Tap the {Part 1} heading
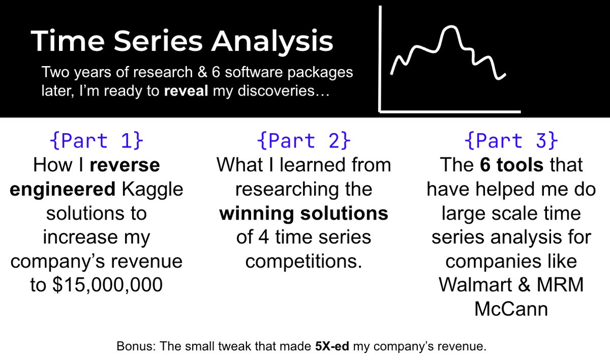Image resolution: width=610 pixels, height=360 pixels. [97, 140]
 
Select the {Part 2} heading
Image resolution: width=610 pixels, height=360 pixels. [303, 140]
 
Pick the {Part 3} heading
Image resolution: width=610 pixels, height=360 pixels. [511, 140]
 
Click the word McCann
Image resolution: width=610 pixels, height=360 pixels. [511, 309]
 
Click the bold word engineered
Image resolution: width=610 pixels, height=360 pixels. [63, 189]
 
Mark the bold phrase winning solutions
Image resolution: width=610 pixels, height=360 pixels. [303, 213]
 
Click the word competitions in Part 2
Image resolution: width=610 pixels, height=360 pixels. [303, 261]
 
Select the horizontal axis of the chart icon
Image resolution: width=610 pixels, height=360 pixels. [450, 110]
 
